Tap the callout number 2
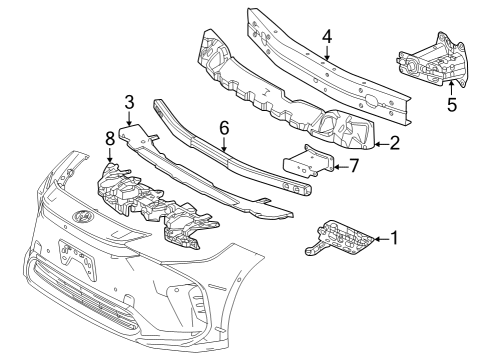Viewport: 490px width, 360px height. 395,143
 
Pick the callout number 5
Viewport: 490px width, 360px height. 452,104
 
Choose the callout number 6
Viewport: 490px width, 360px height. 224,129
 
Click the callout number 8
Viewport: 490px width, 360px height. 109,136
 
